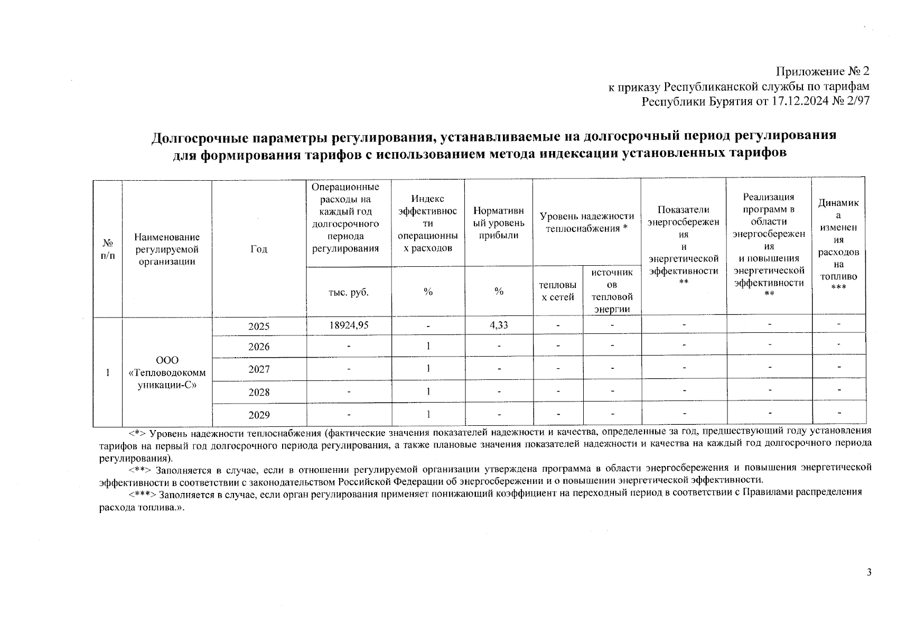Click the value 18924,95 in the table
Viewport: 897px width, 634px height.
(349, 325)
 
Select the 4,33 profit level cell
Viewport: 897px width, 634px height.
(499, 325)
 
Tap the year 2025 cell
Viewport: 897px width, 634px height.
(259, 327)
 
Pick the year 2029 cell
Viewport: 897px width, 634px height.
(259, 415)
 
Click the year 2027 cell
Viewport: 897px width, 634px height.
(259, 369)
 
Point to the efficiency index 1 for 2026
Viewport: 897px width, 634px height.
(428, 346)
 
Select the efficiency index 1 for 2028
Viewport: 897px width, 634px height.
(428, 391)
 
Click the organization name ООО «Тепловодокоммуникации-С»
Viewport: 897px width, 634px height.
(167, 372)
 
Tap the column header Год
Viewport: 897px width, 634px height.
(259, 249)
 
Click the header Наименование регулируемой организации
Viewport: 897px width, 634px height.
(167, 249)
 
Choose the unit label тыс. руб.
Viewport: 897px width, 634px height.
(349, 292)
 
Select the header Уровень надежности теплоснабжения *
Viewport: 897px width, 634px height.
(586, 222)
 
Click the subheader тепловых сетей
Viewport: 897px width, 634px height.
(557, 291)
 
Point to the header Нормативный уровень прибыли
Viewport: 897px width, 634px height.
(499, 222)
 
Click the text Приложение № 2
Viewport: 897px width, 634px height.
(822, 71)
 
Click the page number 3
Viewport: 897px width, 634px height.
(869, 573)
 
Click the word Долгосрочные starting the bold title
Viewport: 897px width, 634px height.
(195, 137)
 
